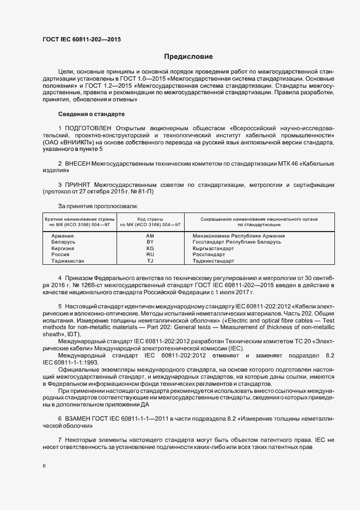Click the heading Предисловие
pos(188,57)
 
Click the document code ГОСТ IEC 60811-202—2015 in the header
pos(81,40)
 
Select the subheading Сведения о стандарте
pos(91,114)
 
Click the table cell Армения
pos(62,235)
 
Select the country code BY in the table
pos(150,241)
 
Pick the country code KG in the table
pos(150,248)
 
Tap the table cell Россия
pos(60,254)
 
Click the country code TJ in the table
pos(150,261)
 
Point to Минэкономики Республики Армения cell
pos(239,235)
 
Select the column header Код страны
pos(150,218)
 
